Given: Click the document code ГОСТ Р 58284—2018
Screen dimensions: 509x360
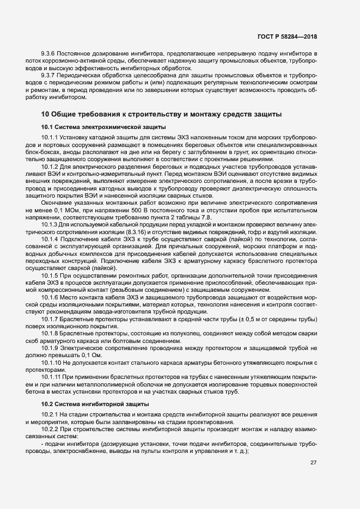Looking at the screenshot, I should [287, 37].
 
